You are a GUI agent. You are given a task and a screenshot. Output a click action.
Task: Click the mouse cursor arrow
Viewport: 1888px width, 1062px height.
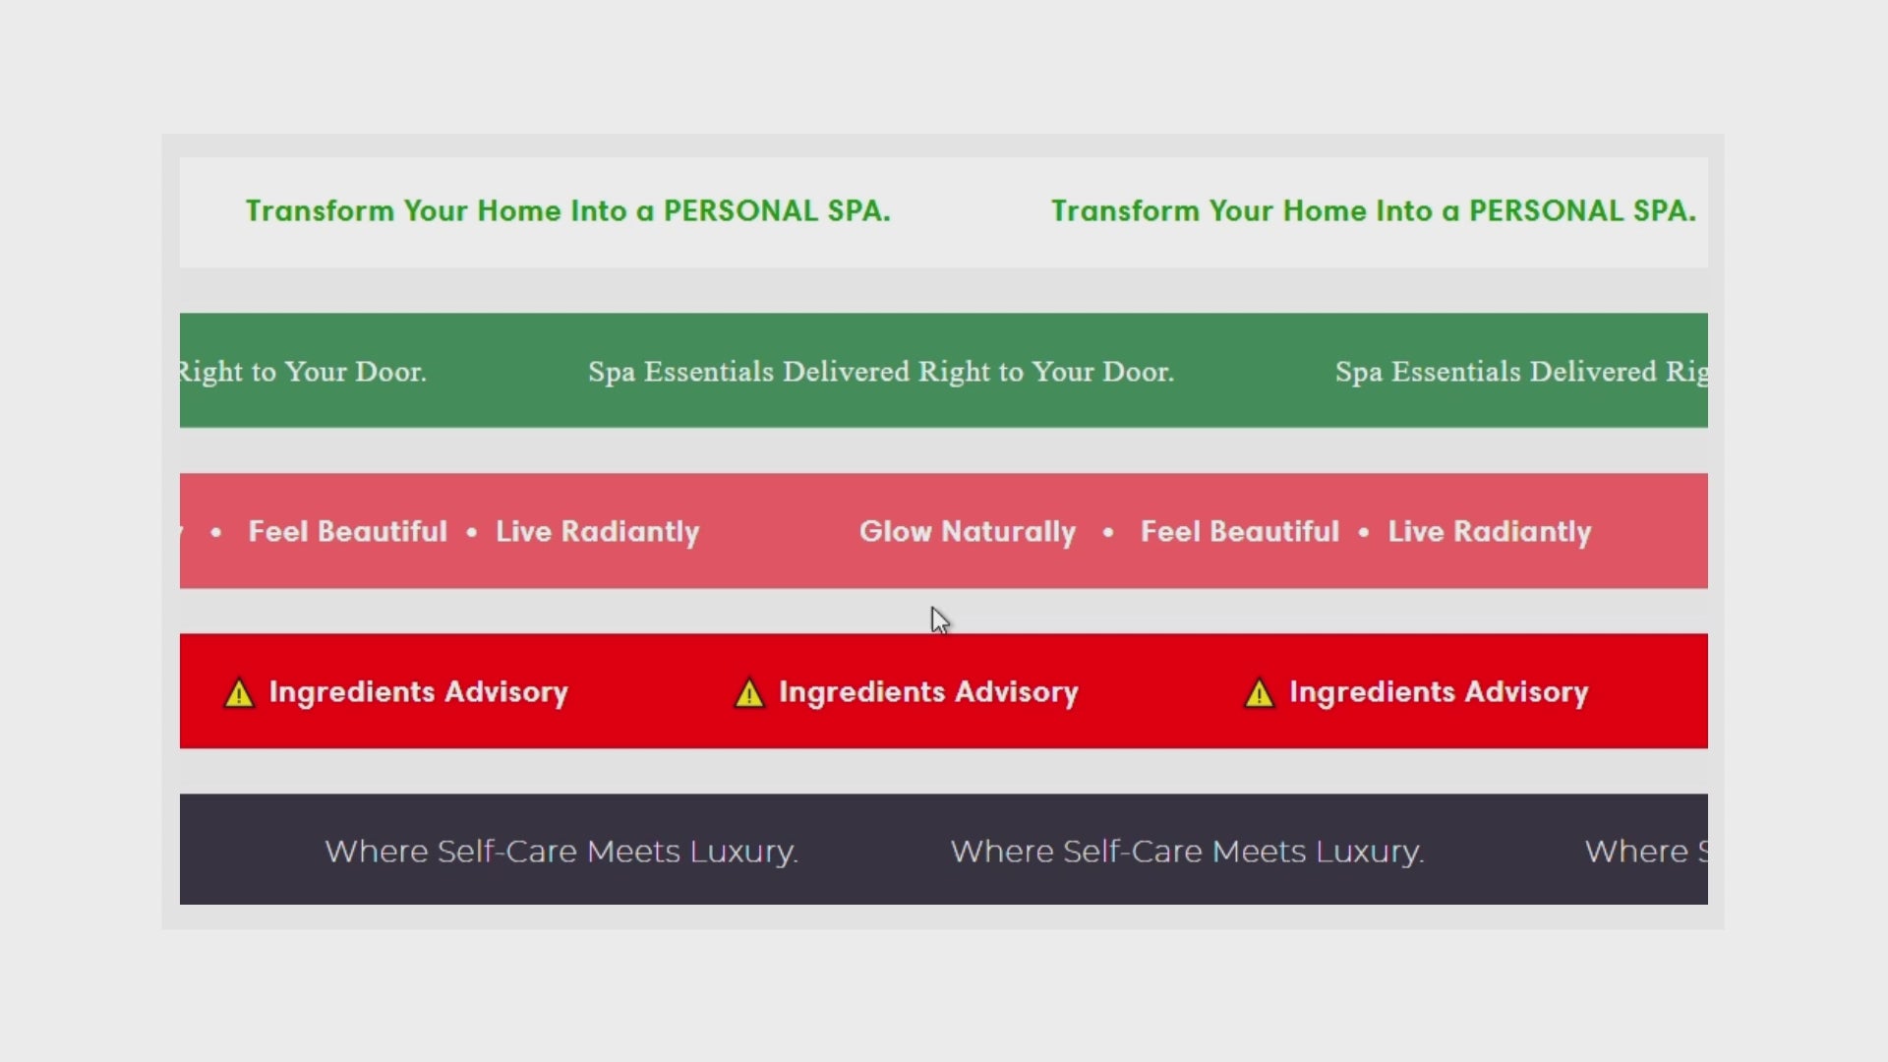pyautogui.click(x=940, y=620)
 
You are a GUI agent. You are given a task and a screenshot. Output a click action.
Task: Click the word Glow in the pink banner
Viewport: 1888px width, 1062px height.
pyautogui.click(x=896, y=531)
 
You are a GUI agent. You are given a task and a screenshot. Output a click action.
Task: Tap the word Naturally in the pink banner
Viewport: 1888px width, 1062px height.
pyautogui.click(x=1009, y=532)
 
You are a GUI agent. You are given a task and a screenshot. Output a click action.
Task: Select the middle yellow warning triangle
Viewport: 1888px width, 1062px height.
pyautogui.click(x=749, y=693)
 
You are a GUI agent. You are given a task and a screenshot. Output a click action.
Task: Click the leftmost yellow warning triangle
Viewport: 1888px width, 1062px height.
pyautogui.click(x=239, y=693)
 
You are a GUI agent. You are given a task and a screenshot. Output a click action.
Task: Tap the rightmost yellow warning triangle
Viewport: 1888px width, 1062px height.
pyautogui.click(x=1260, y=693)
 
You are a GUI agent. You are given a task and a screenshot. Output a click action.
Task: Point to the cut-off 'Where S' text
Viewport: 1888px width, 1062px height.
pyautogui.click(x=1646, y=851)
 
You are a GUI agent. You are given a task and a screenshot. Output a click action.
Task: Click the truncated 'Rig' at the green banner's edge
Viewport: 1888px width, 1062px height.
pyautogui.click(x=1686, y=373)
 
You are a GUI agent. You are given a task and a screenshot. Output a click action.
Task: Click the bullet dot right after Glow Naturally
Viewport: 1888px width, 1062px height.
pyautogui.click(x=1108, y=532)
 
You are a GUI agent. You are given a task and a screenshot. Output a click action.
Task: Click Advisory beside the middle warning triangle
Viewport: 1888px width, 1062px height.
pyautogui.click(x=1017, y=692)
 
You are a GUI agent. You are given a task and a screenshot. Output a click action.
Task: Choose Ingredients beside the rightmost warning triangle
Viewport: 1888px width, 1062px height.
pyautogui.click(x=1373, y=692)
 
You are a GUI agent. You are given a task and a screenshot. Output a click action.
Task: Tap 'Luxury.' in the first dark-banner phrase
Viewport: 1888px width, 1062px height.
pyautogui.click(x=743, y=852)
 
